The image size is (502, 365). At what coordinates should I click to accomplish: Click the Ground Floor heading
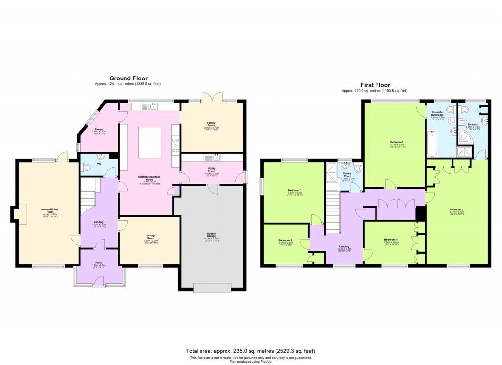[x=128, y=78]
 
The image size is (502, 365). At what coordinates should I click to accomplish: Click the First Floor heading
[x=375, y=85]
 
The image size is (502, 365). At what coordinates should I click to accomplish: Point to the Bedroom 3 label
[x=294, y=191]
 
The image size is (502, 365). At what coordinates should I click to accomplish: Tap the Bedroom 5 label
[x=285, y=241]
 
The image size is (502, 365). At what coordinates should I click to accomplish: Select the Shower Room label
[x=348, y=175]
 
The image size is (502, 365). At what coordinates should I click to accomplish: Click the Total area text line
[x=251, y=351]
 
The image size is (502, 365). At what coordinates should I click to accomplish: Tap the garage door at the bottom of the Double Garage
[x=212, y=288]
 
